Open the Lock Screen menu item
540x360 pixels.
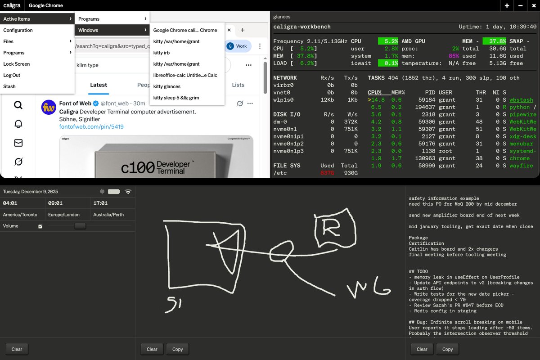coord(16,64)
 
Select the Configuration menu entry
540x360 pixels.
coord(18,30)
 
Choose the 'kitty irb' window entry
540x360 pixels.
coord(161,53)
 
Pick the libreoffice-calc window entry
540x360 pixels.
coord(185,75)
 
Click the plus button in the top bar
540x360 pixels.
coord(507,5)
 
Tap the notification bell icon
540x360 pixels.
coord(18,124)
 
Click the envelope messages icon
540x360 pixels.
coord(18,143)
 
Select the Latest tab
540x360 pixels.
coord(99,85)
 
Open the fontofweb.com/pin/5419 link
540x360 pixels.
coord(91,126)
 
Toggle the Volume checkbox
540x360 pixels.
coord(40,226)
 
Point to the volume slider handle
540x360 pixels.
coord(80,226)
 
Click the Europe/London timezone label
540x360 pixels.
coord(63,215)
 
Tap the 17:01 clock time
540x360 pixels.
coord(100,203)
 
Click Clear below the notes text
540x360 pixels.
coord(422,349)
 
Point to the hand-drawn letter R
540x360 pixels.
coord(331,227)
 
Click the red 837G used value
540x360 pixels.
coord(327,173)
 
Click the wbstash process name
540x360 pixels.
coord(521,100)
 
